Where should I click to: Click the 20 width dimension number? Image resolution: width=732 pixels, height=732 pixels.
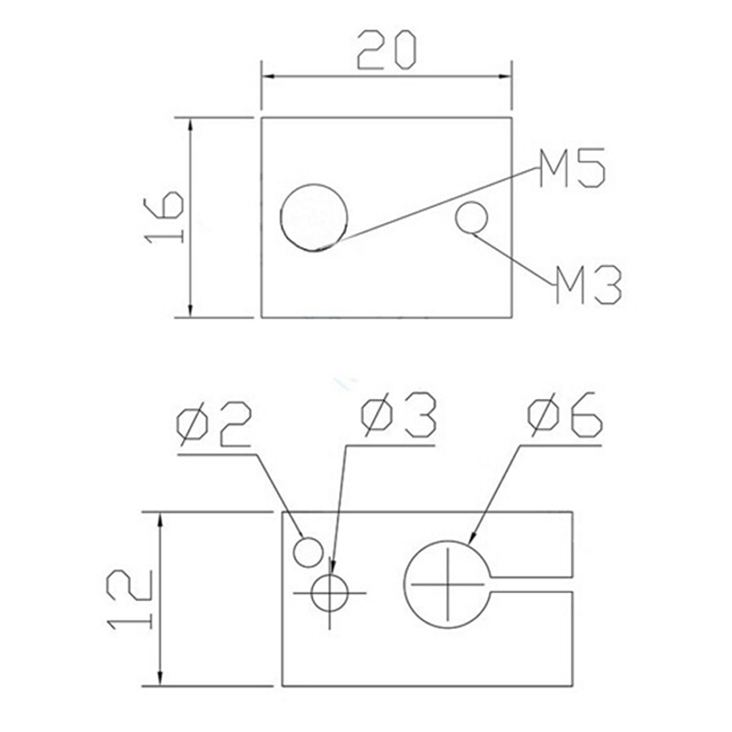385,50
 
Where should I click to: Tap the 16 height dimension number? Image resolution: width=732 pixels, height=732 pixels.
164,217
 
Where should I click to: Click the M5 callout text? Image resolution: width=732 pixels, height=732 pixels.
571,167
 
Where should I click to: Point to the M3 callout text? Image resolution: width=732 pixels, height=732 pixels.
587,285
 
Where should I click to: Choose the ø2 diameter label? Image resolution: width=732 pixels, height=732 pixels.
214,425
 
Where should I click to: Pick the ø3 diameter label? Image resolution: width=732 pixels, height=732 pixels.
398,415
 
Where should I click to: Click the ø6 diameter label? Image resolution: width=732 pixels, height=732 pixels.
565,414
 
